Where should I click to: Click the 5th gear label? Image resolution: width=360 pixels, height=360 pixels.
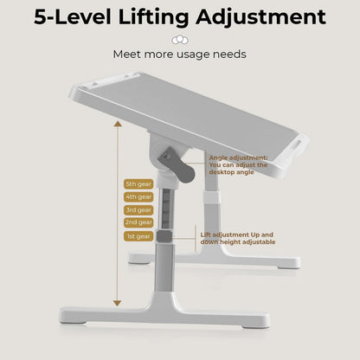[138, 184]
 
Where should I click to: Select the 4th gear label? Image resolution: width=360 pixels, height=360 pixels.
[138, 197]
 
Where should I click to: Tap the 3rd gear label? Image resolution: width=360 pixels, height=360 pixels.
[138, 210]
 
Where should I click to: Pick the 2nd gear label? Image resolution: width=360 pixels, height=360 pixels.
[138, 222]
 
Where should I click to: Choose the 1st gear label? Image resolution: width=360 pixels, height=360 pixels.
[138, 236]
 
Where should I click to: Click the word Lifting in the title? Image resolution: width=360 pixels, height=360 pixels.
[153, 18]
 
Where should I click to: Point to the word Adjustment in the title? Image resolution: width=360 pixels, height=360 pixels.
[260, 18]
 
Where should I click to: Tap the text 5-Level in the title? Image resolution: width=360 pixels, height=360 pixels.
[73, 17]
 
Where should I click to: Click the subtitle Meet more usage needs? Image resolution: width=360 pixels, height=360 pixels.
[179, 55]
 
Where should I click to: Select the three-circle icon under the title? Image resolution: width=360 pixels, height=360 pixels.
[180, 40]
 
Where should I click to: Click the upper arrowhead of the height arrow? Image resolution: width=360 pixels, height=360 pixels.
[118, 124]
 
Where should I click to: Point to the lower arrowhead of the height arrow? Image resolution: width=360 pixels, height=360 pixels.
[117, 304]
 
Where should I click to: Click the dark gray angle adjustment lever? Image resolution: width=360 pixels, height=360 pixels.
[177, 165]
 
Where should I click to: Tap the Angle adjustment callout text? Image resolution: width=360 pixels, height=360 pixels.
[238, 165]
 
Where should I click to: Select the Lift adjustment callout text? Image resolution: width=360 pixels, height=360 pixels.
[238, 239]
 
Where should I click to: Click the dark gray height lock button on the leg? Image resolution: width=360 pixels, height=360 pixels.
[164, 236]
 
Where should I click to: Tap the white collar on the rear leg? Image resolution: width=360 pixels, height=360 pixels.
[211, 196]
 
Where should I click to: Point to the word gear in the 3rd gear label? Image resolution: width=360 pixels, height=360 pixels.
[145, 210]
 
